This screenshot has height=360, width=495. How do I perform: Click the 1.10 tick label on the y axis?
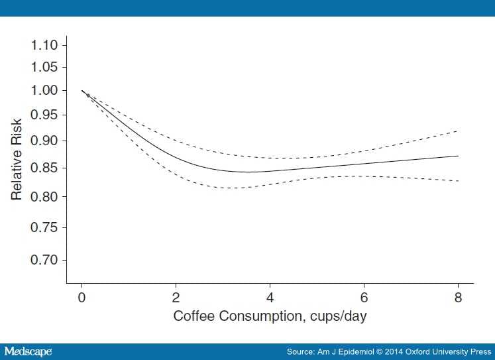[x=45, y=45]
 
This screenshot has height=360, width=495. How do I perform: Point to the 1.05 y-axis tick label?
[x=45, y=68]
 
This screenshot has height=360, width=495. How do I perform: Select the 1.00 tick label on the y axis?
[x=45, y=91]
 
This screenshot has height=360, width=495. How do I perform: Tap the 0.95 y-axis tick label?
[x=45, y=115]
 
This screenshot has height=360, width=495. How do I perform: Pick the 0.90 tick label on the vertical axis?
[x=45, y=141]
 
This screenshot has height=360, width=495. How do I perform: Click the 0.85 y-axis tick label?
[x=45, y=168]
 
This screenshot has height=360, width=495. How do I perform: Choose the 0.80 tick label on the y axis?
[x=45, y=197]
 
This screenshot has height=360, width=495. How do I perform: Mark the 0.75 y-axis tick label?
[x=45, y=227]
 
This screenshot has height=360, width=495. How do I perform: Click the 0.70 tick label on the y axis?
[x=45, y=259]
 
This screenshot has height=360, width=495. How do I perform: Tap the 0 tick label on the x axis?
[x=82, y=296]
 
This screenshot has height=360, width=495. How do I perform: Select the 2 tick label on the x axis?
[x=176, y=296]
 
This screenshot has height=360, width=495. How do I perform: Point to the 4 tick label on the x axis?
[x=270, y=296]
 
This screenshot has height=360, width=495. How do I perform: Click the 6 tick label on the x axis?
[x=364, y=296]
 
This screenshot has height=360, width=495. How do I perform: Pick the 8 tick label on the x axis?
[x=458, y=296]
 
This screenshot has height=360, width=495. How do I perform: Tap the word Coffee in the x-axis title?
[x=193, y=316]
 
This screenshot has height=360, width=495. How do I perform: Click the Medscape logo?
[x=28, y=351]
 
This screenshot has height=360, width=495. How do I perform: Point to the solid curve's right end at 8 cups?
[x=458, y=156]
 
